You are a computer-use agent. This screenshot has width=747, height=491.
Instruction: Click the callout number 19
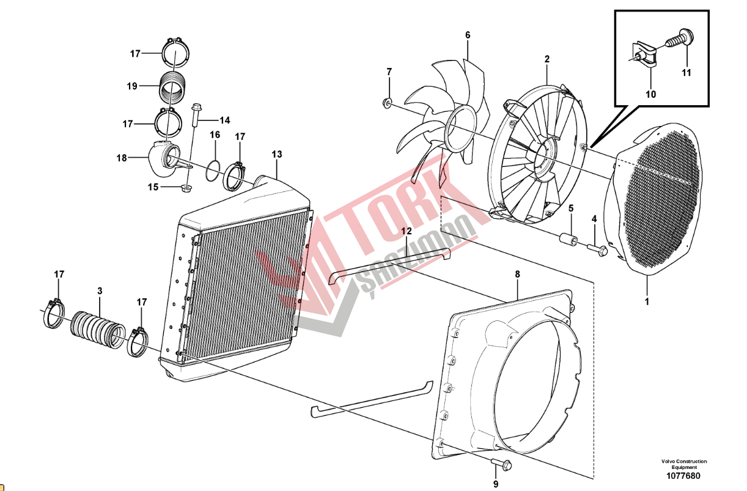click(x=132, y=86)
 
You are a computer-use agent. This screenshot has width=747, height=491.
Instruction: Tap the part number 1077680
click(x=683, y=476)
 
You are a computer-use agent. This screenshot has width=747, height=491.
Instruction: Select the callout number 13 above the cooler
click(x=277, y=154)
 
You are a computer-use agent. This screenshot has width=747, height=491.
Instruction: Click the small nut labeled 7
click(x=387, y=103)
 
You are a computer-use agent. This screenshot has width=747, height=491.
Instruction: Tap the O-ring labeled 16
click(x=213, y=171)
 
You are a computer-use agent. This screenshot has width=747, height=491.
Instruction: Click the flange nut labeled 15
click(x=185, y=189)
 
